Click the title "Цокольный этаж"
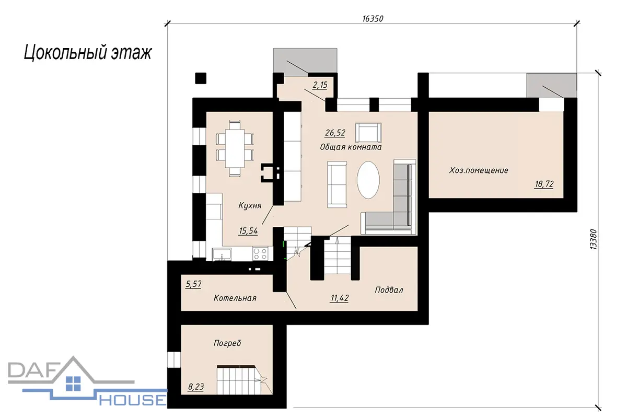88,53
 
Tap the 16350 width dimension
373,18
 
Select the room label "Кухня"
250,206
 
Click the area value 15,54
248,231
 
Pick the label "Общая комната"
351,147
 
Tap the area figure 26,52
335,133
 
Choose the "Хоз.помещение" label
479,170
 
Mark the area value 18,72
544,184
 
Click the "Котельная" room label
235,298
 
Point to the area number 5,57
193,284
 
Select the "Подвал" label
389,290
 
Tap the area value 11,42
340,298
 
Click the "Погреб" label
227,343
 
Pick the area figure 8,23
196,387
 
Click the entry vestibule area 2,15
320,85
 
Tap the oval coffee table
368,180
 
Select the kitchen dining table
235,148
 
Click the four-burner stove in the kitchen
260,253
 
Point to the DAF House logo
87,382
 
